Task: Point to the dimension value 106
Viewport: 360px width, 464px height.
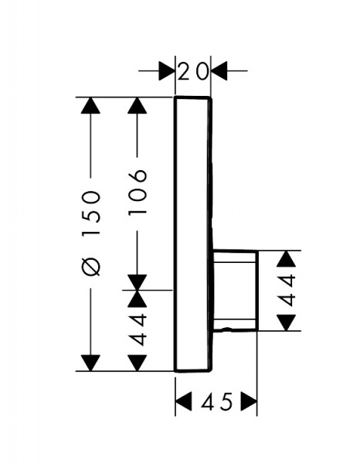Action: pos(138,192)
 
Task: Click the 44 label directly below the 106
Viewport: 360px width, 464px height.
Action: pos(138,329)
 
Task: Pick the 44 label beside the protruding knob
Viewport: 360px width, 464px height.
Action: pos(287,290)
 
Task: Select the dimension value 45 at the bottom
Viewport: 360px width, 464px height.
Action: pos(216,402)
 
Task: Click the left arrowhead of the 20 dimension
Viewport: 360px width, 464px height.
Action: pos(167,70)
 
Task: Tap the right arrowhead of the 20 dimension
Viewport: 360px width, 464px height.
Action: pos(219,70)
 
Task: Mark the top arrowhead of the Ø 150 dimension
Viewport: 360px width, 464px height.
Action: pos(90,105)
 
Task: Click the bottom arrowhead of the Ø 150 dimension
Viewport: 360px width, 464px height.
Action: pos(90,363)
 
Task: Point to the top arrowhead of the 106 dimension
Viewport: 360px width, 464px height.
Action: pos(138,105)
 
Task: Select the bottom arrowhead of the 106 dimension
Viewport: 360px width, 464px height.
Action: pos(138,282)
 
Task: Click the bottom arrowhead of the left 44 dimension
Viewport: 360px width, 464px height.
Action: pos(138,363)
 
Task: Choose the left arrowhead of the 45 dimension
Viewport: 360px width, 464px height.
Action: pos(183,401)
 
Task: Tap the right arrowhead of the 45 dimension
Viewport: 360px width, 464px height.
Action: pos(250,401)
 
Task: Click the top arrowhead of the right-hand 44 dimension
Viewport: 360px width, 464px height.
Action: pos(287,258)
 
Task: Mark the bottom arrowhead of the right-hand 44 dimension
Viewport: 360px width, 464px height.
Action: pos(287,322)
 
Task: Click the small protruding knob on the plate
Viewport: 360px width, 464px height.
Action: pos(236,290)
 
